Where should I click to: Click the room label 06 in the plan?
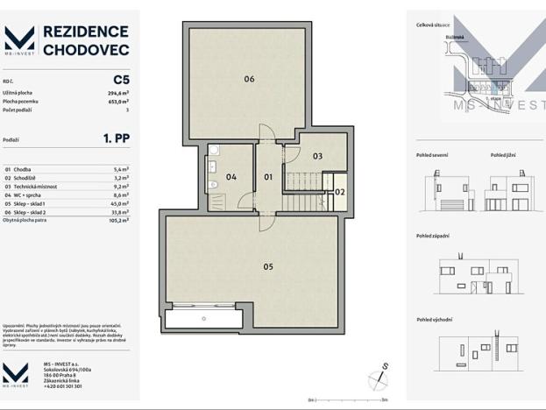249,79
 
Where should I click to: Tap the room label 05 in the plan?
268,265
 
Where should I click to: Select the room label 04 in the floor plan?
230,177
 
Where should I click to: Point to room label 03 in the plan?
317,156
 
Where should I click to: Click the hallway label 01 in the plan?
268,177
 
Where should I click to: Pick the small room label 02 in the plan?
340,191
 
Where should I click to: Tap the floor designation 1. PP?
117,138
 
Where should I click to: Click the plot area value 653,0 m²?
117,101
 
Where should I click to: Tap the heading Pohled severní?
432,155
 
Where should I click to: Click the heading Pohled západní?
433,236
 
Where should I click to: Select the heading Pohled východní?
434,319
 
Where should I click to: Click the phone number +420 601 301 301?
63,385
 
